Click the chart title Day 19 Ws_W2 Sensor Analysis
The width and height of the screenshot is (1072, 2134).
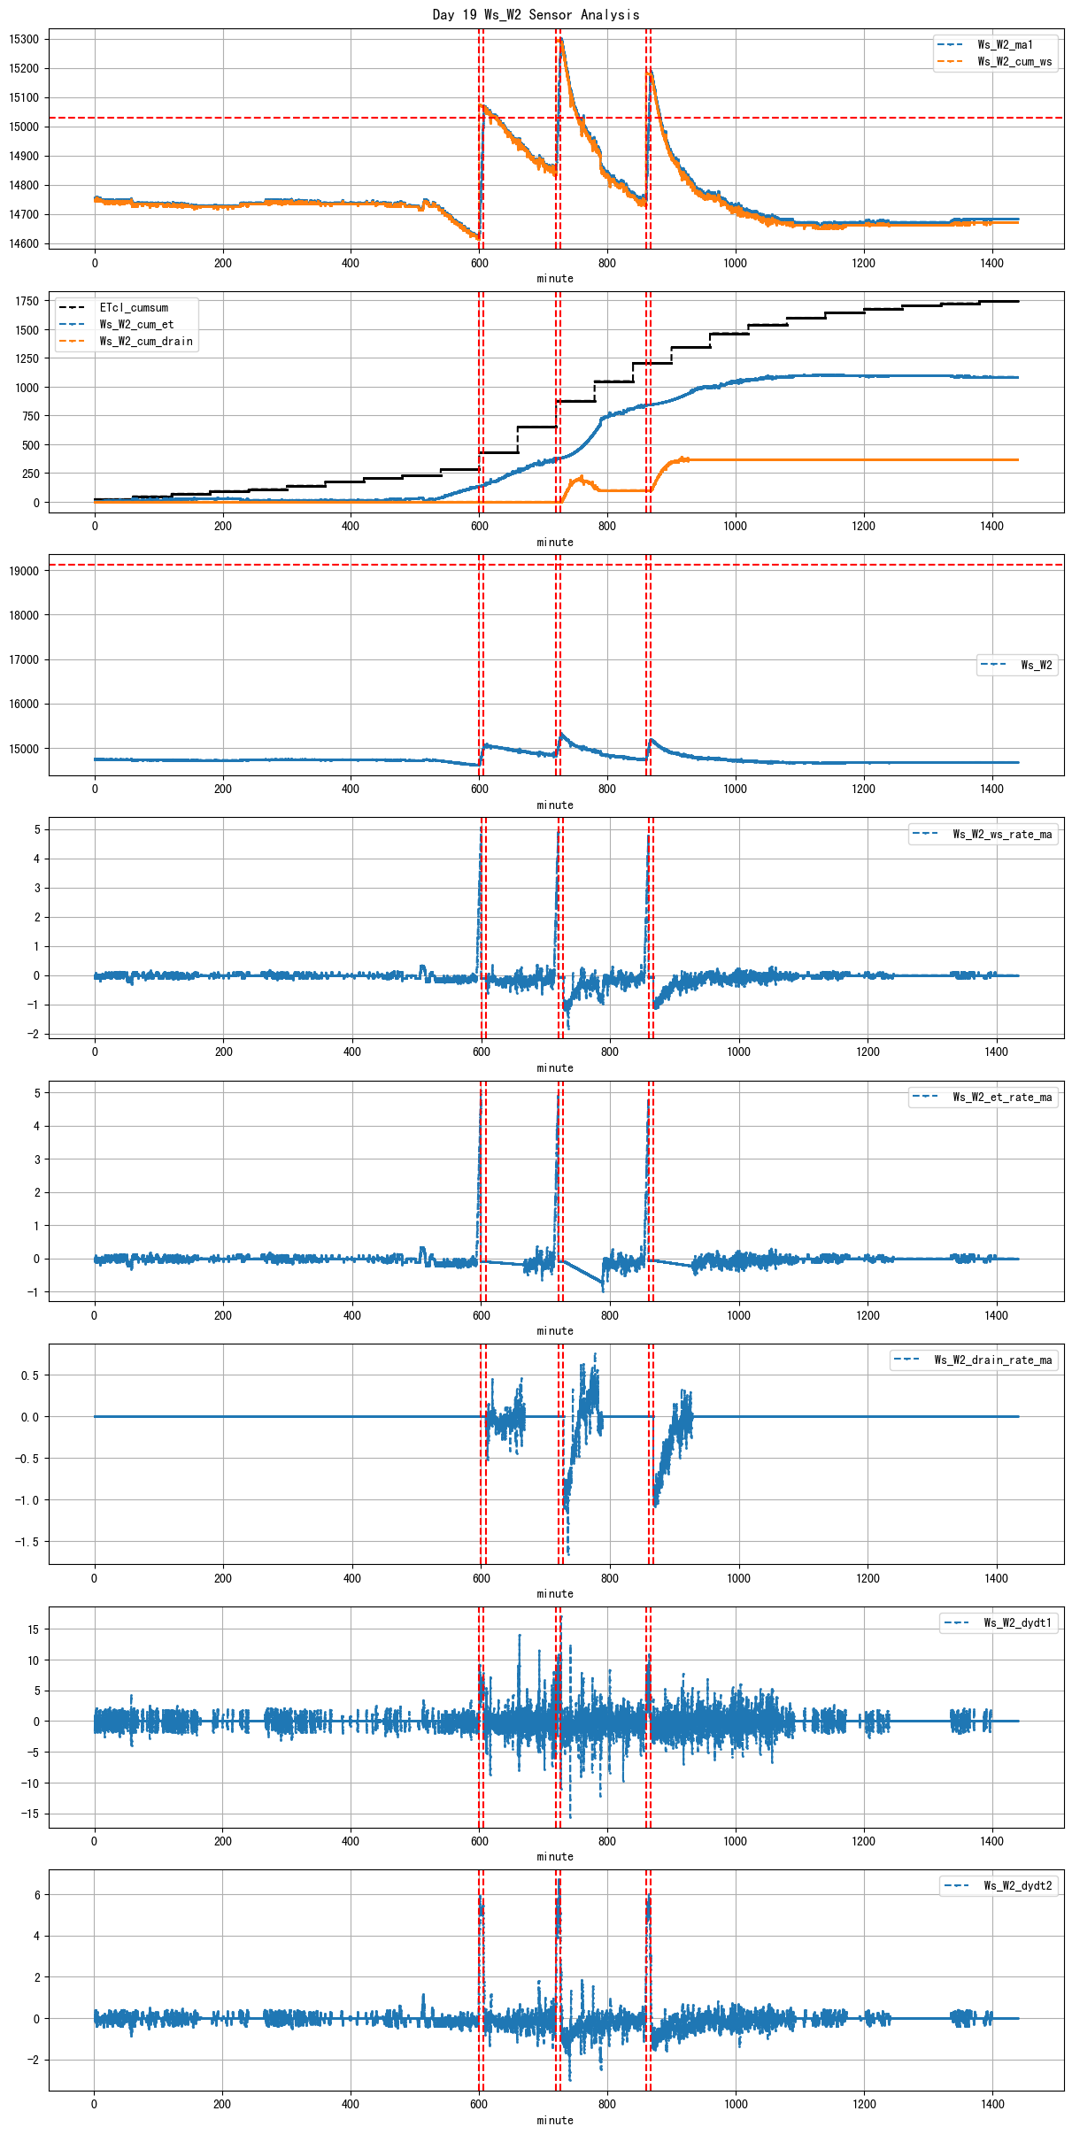click(x=536, y=14)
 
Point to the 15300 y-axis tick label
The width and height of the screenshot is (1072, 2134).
click(x=24, y=40)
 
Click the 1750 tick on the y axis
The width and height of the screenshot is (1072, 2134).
click(x=27, y=302)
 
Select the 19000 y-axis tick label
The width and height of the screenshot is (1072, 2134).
click(x=24, y=572)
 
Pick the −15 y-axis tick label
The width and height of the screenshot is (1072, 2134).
click(x=30, y=1814)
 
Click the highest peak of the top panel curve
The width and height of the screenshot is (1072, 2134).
click(x=560, y=39)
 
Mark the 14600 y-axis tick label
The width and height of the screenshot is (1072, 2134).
click(x=24, y=244)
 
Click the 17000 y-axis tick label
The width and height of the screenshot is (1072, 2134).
click(x=24, y=660)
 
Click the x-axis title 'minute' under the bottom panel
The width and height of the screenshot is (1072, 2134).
click(x=555, y=2121)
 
